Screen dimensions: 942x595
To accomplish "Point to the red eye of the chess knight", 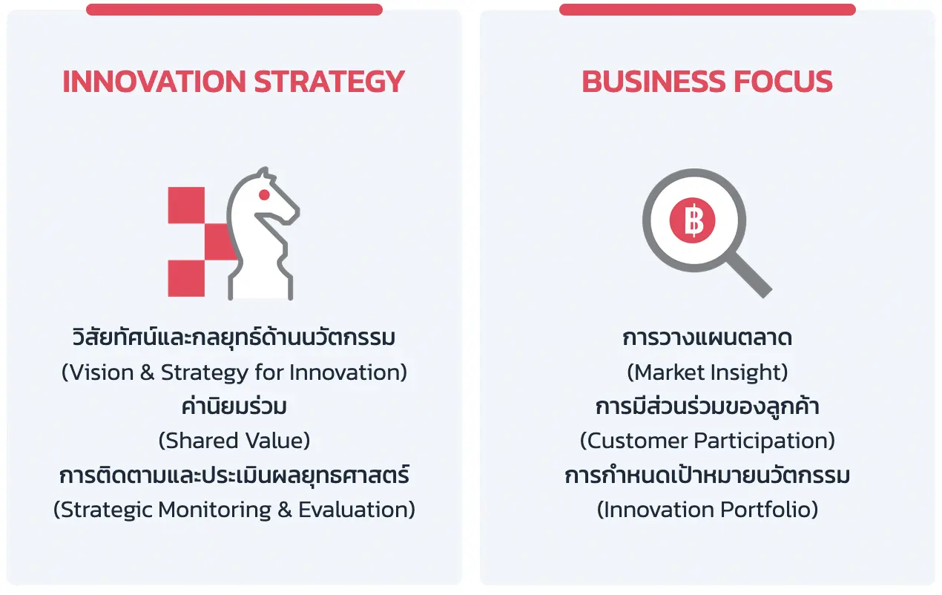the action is (264, 194).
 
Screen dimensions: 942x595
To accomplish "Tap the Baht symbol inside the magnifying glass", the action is (693, 220).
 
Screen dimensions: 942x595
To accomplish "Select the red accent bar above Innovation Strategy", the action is (234, 10).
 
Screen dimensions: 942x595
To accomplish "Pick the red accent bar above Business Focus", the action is (708, 10).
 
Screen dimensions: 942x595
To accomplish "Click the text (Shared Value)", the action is (234, 441).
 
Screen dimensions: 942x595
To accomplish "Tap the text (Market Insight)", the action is (708, 372).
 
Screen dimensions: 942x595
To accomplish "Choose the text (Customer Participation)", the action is (708, 441).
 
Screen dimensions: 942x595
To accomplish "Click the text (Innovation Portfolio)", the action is (708, 509).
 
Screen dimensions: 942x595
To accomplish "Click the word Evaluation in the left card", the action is (352, 509).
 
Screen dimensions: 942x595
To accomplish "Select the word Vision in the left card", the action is (102, 372).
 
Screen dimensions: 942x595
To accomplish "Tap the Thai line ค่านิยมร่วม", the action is (234, 406).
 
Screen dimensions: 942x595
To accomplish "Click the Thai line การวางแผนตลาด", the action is (708, 338).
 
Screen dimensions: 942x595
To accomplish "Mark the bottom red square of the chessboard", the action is (186, 278).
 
